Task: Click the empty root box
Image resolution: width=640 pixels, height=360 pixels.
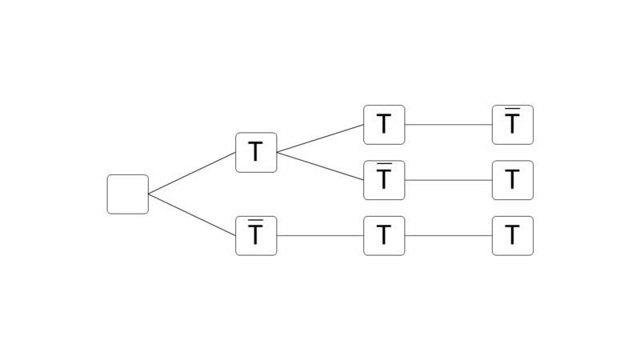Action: point(128,194)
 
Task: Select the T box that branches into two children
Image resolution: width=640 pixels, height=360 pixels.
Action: point(256,152)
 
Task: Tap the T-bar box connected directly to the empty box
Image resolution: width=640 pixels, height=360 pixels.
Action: point(256,236)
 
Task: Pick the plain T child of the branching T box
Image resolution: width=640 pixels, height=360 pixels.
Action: point(384,125)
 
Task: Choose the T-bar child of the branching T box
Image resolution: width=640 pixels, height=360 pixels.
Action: point(384,180)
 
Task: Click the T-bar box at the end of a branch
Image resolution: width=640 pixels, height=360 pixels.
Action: point(513,125)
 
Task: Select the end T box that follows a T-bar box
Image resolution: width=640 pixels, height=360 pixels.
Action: point(513,180)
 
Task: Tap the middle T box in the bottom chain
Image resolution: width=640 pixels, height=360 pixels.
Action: point(384,236)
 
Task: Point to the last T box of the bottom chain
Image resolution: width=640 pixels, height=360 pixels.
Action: point(513,236)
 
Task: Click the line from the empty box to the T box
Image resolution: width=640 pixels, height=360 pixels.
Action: point(192,173)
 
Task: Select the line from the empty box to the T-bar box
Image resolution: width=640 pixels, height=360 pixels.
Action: point(192,215)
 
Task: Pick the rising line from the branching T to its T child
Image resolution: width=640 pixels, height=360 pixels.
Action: point(320,138)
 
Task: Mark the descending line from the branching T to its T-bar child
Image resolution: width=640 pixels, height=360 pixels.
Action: point(320,166)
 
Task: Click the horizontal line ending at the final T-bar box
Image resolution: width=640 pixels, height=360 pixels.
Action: point(448,125)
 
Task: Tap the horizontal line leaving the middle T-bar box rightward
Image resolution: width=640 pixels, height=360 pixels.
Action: point(448,180)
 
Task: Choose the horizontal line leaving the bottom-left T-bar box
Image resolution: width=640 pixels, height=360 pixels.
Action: point(320,236)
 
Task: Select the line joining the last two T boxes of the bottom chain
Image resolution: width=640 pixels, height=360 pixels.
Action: point(448,236)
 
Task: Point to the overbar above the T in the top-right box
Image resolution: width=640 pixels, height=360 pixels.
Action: point(513,109)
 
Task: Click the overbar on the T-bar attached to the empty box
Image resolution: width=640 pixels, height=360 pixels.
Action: point(256,220)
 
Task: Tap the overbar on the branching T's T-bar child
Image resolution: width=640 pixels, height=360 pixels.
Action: point(384,164)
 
